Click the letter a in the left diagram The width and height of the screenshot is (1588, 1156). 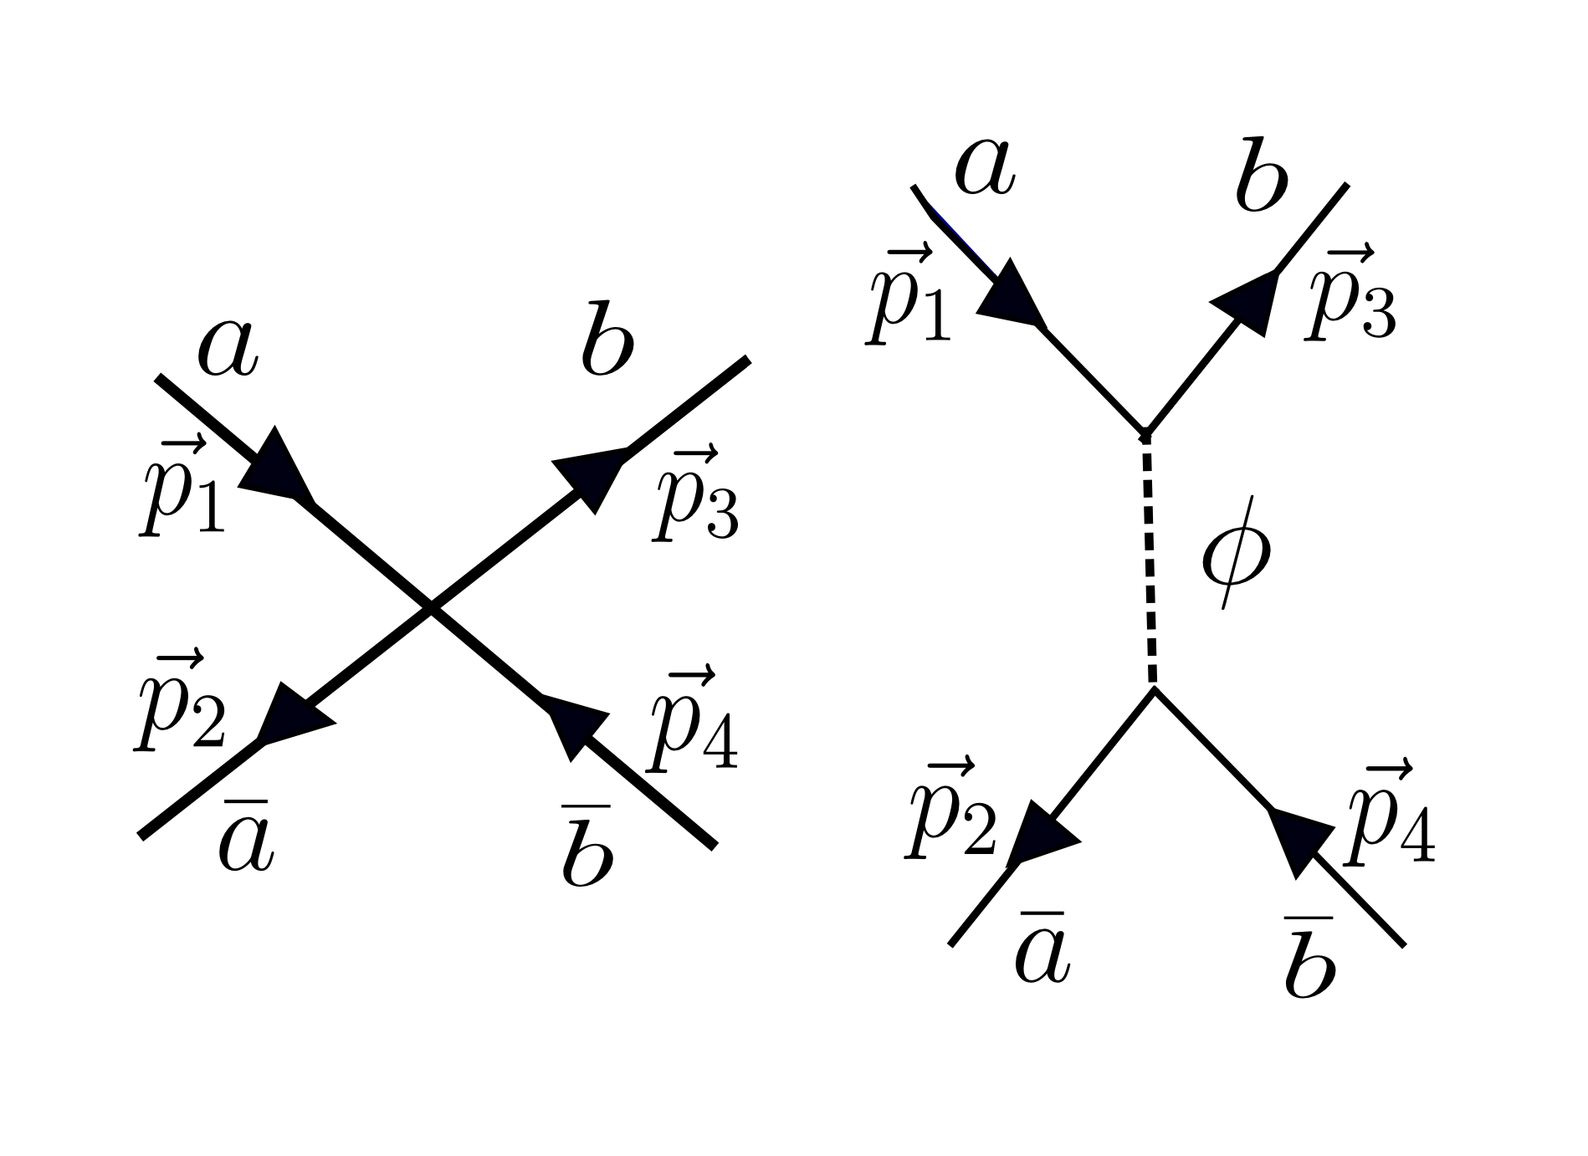click(228, 350)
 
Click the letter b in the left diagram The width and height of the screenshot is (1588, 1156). click(607, 343)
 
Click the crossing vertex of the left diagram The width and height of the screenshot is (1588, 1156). click(431, 608)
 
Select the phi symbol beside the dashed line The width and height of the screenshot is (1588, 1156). click(1236, 553)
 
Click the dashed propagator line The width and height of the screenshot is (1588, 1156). click(1150, 560)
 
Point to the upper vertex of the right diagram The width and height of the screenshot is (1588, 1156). click(1145, 433)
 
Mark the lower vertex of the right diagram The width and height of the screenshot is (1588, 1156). click(1154, 688)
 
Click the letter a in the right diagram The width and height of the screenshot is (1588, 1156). click(985, 166)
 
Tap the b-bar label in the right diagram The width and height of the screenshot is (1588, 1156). click(1309, 962)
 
